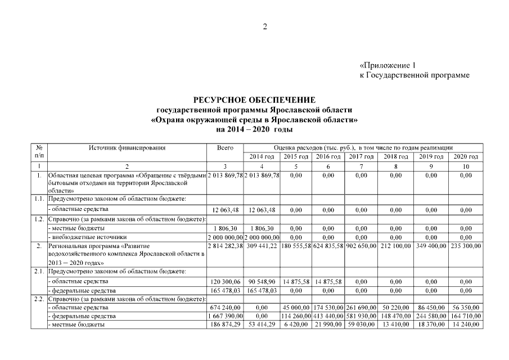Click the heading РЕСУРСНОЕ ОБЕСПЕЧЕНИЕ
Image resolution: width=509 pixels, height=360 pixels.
coord(254,100)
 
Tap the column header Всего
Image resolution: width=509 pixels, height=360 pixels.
coord(224,147)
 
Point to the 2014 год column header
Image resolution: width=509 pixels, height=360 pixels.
coord(262,156)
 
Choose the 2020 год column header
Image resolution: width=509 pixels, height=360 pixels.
coord(465,156)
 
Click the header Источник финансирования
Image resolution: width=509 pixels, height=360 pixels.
coord(127,147)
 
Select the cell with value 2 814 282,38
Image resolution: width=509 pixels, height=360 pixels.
coord(224,246)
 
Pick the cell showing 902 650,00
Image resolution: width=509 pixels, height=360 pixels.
coord(362,246)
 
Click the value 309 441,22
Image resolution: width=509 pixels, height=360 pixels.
coord(262,246)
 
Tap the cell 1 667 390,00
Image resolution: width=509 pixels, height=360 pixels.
coord(224,316)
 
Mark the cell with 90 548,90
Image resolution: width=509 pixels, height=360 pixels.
coord(262,281)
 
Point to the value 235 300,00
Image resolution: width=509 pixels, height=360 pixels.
coord(465,246)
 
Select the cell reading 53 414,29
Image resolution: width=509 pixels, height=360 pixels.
coord(262,325)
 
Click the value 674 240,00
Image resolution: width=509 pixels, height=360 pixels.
coord(224,308)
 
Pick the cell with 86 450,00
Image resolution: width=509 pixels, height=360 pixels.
coord(431,308)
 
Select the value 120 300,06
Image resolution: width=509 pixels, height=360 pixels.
coord(224,281)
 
